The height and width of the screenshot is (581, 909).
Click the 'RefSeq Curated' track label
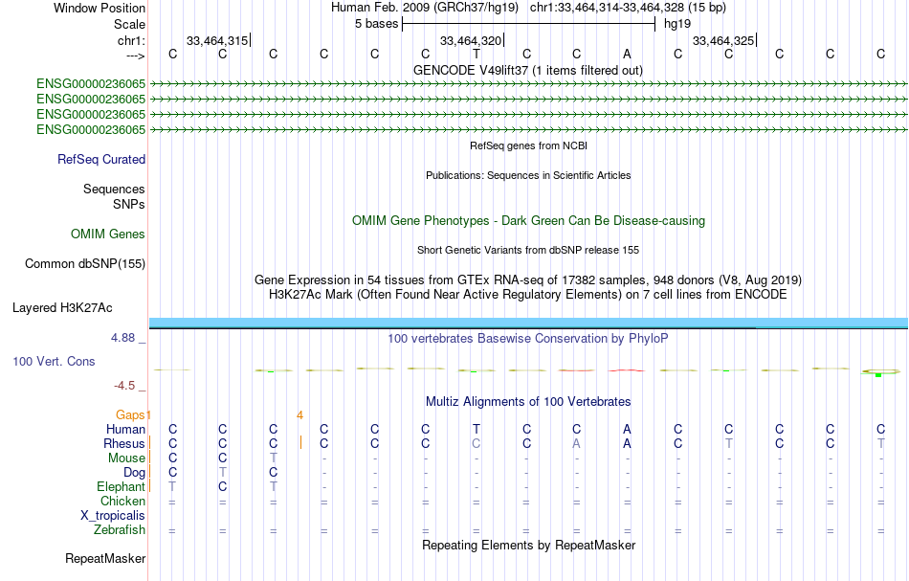[101, 160]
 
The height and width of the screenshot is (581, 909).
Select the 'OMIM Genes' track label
[108, 234]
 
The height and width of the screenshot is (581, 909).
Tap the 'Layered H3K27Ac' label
[62, 308]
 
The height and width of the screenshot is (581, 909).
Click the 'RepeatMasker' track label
[105, 558]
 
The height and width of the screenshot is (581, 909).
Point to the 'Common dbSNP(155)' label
[85, 263]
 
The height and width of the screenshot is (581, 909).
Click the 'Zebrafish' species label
[120, 529]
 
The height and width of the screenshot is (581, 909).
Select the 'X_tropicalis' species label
[113, 515]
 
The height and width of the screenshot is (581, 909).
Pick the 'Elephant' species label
[121, 486]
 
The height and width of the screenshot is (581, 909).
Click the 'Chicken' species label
[123, 501]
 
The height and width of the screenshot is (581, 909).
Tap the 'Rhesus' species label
[124, 444]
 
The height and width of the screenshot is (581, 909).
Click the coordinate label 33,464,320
[470, 41]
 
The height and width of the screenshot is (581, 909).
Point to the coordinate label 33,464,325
[722, 41]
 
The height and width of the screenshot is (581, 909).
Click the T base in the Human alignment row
[476, 429]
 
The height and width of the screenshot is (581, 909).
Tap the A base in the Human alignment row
[627, 429]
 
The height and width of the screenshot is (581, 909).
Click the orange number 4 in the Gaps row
[299, 415]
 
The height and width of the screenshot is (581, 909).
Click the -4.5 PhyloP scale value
[125, 386]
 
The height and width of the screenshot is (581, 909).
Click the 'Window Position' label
[100, 8]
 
